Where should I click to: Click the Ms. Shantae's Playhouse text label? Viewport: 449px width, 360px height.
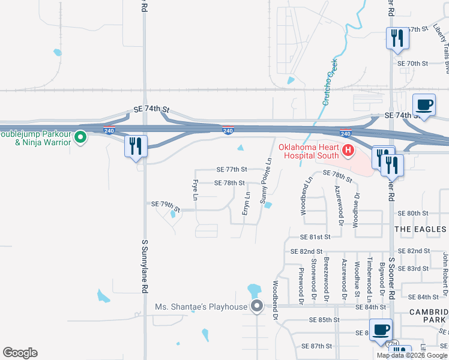[x=201, y=307]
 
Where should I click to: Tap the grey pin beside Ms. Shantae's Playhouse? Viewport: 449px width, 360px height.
[x=257, y=307]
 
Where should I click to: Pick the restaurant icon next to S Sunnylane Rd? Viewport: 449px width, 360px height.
[x=135, y=146]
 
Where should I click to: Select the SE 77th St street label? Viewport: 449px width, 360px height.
[x=231, y=170]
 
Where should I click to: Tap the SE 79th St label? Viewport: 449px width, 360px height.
[x=166, y=205]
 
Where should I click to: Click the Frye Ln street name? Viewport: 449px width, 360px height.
[x=195, y=188]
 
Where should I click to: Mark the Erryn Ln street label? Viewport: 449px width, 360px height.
[x=247, y=204]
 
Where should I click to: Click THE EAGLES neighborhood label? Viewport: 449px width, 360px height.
[x=420, y=229]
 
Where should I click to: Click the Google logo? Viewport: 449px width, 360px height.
[x=20, y=353]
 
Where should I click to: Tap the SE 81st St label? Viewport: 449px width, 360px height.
[x=316, y=237]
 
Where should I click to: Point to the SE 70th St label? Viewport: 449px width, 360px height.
[x=412, y=63]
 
